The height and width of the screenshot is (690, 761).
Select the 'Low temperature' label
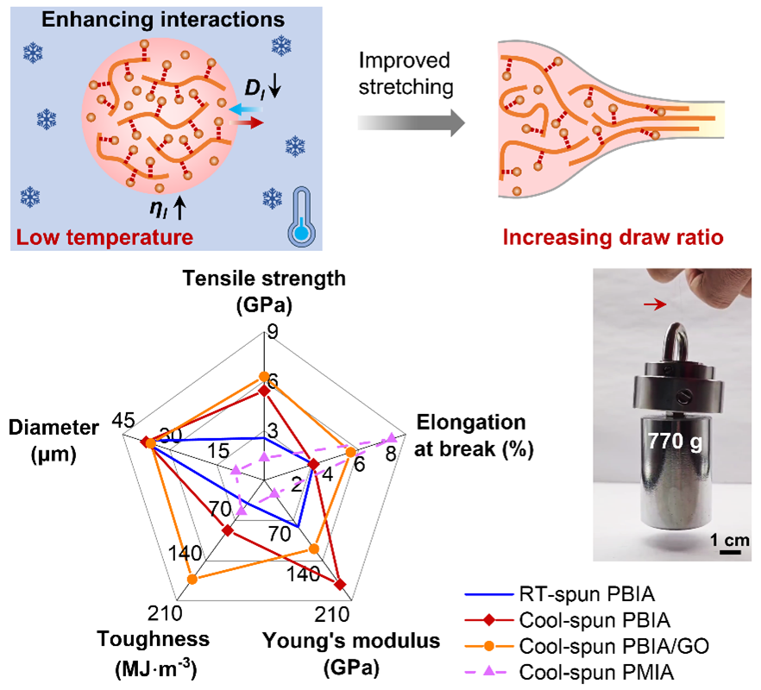pyautogui.click(x=101, y=235)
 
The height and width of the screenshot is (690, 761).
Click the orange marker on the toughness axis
pyautogui.click(x=192, y=580)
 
